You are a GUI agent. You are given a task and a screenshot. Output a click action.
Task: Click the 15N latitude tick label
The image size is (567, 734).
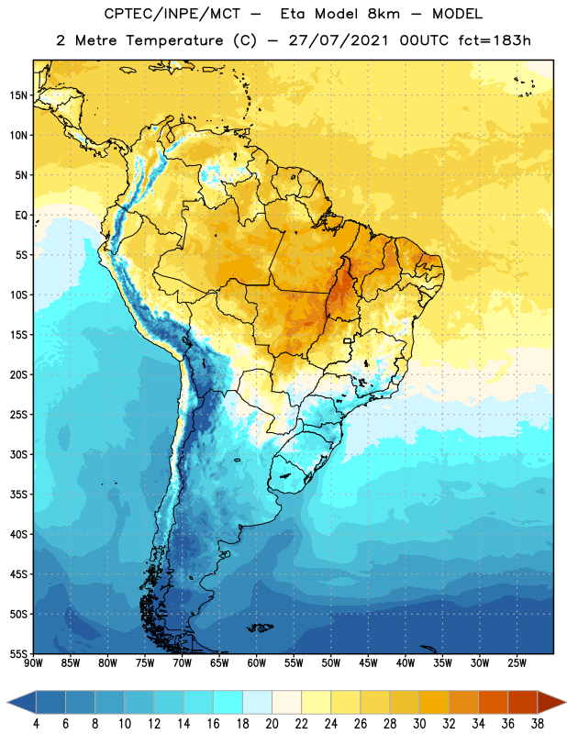[x=18, y=95]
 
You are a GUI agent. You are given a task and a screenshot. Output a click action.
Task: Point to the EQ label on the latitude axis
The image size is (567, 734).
[x=21, y=216]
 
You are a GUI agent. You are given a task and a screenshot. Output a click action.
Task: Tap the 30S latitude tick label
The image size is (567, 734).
[x=18, y=454]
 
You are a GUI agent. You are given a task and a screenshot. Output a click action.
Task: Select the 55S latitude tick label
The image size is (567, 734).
[x=18, y=654]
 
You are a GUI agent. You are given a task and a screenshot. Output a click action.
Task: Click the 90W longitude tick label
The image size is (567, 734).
[x=33, y=663]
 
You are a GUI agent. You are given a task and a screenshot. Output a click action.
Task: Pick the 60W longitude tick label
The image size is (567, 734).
[x=257, y=663]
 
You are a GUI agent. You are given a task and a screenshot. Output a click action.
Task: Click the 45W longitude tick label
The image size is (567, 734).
[x=368, y=663]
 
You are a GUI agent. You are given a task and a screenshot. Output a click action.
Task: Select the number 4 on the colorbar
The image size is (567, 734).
[x=36, y=724]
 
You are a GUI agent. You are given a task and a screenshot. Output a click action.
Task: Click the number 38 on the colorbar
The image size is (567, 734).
[x=537, y=724]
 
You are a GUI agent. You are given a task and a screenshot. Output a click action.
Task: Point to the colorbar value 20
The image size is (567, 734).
[x=272, y=724]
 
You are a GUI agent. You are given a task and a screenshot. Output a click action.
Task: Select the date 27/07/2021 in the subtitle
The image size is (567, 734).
[x=339, y=40]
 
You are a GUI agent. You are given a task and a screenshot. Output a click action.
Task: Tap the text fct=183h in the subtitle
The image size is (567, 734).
[x=495, y=40]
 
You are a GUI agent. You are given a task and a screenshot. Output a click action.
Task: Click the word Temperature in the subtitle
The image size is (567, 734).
[x=174, y=41]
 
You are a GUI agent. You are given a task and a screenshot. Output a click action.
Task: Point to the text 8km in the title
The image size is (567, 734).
[x=384, y=14]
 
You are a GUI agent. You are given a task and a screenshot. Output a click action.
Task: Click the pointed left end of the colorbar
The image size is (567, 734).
[x=8, y=703]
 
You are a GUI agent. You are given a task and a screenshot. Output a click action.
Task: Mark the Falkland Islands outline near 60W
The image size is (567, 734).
[x=261, y=628]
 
